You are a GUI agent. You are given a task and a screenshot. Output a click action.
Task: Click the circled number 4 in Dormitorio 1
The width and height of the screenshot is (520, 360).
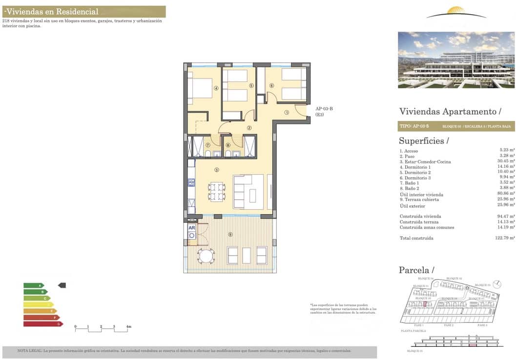pos(216,88)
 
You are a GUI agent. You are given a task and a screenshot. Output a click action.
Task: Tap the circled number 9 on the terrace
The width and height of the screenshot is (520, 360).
pos(230,235)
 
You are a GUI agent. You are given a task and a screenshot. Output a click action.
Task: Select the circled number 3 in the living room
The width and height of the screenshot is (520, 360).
pos(216,170)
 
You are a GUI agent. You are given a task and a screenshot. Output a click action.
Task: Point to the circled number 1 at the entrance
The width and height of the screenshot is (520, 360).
pos(287,112)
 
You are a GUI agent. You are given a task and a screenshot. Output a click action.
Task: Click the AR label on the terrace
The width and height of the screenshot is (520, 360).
pos(191,228)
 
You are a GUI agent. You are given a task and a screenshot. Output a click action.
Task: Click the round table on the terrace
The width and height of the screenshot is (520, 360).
pos(206,256)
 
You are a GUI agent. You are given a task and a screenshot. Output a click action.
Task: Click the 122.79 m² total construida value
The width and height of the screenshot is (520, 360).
pos(505,238)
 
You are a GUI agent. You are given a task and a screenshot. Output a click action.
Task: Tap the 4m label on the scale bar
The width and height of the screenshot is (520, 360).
pos(128,326)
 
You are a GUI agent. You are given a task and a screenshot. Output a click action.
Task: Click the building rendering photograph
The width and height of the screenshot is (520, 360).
pos(456,60)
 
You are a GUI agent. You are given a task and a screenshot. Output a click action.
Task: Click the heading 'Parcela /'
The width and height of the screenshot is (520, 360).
pos(416,270)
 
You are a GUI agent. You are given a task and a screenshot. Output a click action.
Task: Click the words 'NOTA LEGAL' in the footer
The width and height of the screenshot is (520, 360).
pos(29,351)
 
